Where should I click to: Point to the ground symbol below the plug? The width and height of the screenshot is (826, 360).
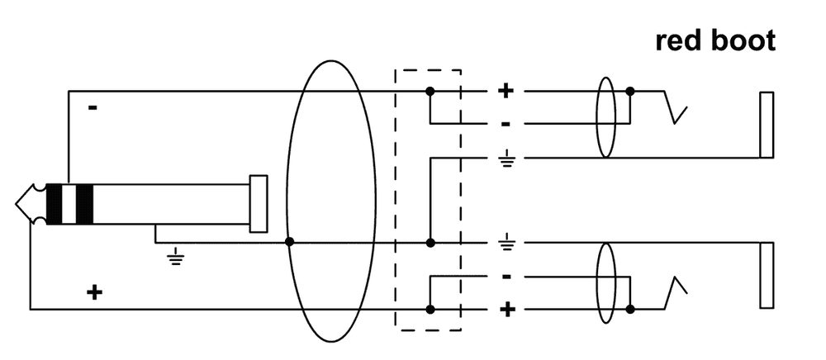(x=175, y=258)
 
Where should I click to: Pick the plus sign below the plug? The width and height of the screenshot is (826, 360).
(x=95, y=291)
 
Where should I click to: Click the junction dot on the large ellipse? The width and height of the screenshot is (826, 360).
(x=288, y=243)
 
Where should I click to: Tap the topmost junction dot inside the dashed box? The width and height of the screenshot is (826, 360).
(x=430, y=90)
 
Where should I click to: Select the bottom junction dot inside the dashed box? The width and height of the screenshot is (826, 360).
(x=430, y=309)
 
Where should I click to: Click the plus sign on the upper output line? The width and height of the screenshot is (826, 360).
(x=506, y=90)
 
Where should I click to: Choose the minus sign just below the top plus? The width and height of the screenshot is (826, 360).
(x=506, y=124)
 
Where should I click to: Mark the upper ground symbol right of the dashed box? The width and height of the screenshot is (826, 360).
(x=506, y=159)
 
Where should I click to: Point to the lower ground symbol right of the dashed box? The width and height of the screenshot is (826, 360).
(x=506, y=243)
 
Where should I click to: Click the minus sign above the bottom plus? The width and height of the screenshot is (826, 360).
(x=506, y=277)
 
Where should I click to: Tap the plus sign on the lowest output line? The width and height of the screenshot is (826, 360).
(x=506, y=310)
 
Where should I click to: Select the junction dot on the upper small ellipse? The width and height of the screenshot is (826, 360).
(x=630, y=90)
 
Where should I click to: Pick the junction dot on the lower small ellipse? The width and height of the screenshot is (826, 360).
(x=630, y=309)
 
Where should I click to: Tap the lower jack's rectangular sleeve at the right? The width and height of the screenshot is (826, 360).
(x=766, y=276)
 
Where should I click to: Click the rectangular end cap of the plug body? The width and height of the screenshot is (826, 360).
(x=259, y=203)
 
